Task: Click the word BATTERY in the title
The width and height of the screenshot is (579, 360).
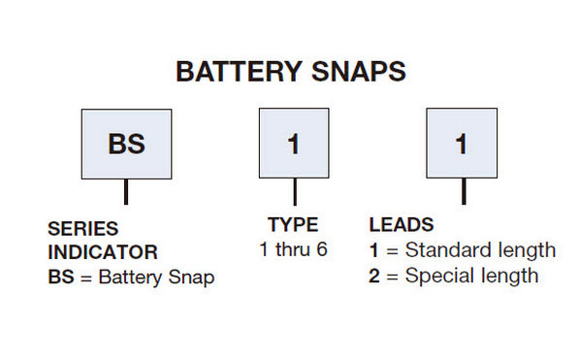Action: [237, 73]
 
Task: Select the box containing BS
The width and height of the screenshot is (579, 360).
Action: [126, 144]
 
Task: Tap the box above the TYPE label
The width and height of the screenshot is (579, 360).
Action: [295, 144]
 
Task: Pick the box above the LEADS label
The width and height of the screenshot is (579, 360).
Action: [462, 144]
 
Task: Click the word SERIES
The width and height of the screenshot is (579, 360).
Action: [82, 230]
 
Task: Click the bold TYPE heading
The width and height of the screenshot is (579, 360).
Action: [293, 225]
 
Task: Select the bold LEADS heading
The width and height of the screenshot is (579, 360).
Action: [401, 225]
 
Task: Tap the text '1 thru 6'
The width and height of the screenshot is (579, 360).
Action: [293, 249]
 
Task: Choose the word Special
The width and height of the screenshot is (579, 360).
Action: [436, 276]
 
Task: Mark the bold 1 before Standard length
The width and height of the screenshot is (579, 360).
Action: [374, 250]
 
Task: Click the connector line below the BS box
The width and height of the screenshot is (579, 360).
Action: [126, 193]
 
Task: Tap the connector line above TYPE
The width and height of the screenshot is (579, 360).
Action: [295, 193]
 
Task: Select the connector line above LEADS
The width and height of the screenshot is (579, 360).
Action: [463, 193]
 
